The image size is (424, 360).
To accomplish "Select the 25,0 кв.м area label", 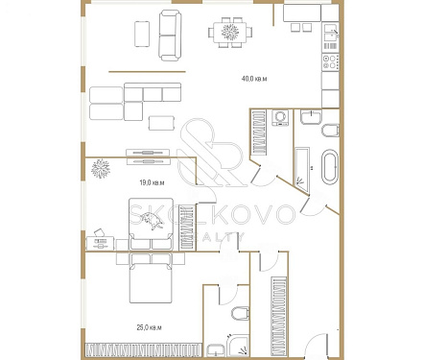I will point(149,327).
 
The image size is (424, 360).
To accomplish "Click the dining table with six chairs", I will point(228,33).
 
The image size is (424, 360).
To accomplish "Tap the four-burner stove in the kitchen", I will point(331,63).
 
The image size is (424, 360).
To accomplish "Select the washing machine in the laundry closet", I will point(280,119).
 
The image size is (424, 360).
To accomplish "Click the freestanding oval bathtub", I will point(328,167).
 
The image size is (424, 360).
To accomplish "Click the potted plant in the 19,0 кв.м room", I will point(100,169).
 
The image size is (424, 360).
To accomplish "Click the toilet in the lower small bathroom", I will point(241,314).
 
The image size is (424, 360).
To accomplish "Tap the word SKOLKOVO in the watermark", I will point(211,215).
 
